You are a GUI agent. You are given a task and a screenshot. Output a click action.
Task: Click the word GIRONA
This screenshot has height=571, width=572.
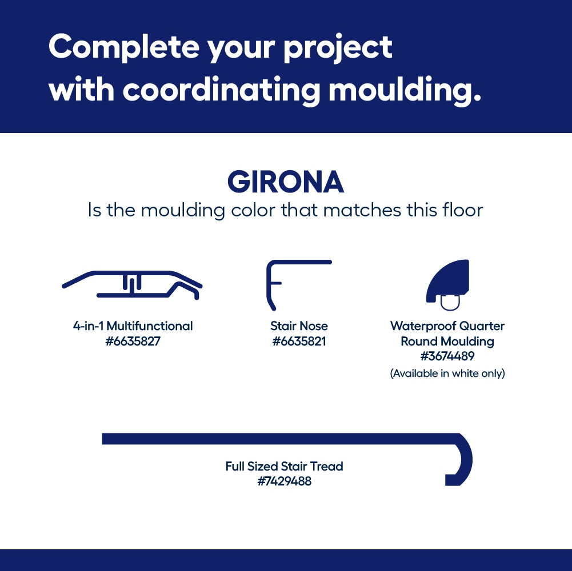point(286,182)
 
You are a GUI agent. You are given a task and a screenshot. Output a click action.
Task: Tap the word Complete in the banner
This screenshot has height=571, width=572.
point(123,47)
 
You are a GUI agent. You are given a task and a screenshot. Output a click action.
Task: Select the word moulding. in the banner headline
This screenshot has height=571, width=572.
point(405,90)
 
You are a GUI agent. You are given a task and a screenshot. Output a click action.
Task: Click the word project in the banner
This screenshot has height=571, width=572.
point(338,49)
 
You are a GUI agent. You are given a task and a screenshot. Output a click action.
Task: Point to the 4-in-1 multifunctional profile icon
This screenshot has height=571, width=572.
point(132,285)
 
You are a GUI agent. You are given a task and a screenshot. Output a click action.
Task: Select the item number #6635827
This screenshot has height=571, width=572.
point(133,341)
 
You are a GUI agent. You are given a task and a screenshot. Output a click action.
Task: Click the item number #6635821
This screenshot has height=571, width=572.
point(299,341)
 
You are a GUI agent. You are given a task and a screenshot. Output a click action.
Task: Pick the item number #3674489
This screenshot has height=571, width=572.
point(447,356)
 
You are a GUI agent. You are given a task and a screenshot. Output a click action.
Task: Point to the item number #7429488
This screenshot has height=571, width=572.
point(284,481)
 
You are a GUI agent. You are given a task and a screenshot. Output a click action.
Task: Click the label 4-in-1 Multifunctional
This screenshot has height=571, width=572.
point(133,326)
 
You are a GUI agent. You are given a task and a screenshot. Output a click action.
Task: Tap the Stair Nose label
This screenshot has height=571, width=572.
point(299,326)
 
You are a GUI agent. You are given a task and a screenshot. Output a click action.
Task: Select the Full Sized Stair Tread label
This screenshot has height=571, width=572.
point(284,467)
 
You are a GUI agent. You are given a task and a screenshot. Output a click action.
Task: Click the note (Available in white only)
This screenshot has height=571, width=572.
point(447,373)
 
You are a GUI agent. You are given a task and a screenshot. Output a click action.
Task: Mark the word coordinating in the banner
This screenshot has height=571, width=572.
point(221,90)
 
